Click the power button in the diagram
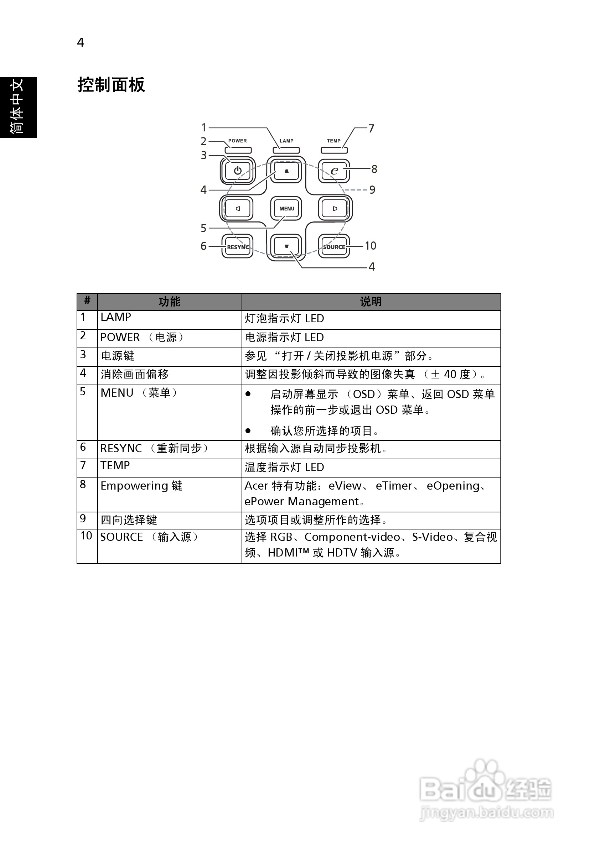(x=238, y=171)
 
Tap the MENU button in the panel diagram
(x=286, y=209)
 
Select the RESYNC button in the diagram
(x=238, y=246)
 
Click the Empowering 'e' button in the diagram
(x=334, y=171)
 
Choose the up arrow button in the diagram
(x=286, y=171)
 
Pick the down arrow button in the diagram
(x=286, y=246)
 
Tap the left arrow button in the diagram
(x=238, y=209)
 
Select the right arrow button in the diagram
(x=335, y=209)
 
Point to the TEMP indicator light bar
(x=334, y=150)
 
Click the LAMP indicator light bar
(x=286, y=150)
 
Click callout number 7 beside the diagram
(x=371, y=129)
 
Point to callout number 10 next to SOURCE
(x=370, y=246)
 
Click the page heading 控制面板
(x=111, y=85)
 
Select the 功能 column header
(x=169, y=302)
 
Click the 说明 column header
(x=371, y=302)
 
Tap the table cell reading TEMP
(x=115, y=466)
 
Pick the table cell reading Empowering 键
(x=141, y=486)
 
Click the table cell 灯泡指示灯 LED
(x=284, y=319)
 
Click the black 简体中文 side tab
(x=18, y=107)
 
